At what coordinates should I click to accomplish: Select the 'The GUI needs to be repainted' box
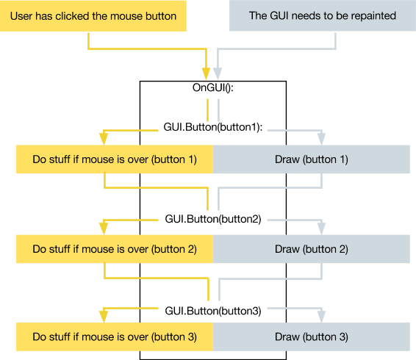click(322, 15)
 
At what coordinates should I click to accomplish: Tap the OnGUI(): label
click(212, 88)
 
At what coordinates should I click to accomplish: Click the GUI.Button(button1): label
click(213, 127)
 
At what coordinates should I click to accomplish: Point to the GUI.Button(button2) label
click(213, 219)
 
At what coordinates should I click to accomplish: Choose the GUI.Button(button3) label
click(213, 311)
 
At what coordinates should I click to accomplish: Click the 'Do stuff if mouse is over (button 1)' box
click(114, 159)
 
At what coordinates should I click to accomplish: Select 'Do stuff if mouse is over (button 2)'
click(114, 249)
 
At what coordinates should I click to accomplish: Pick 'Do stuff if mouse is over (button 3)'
click(114, 337)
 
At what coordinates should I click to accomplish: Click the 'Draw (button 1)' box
click(311, 159)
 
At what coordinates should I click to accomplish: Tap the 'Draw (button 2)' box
click(311, 249)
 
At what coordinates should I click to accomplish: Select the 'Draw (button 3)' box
click(311, 337)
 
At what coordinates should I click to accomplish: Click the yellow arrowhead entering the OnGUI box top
click(207, 73)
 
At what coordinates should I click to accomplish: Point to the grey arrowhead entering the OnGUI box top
click(218, 73)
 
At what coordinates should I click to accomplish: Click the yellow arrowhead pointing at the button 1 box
click(104, 138)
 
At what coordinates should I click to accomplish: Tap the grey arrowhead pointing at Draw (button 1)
click(321, 138)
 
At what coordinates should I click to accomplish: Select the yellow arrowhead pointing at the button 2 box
click(104, 228)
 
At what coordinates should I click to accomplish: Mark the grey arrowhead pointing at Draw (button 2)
click(321, 228)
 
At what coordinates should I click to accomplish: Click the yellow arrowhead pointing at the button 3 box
click(104, 317)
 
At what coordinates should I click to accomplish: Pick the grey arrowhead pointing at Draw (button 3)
click(321, 317)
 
